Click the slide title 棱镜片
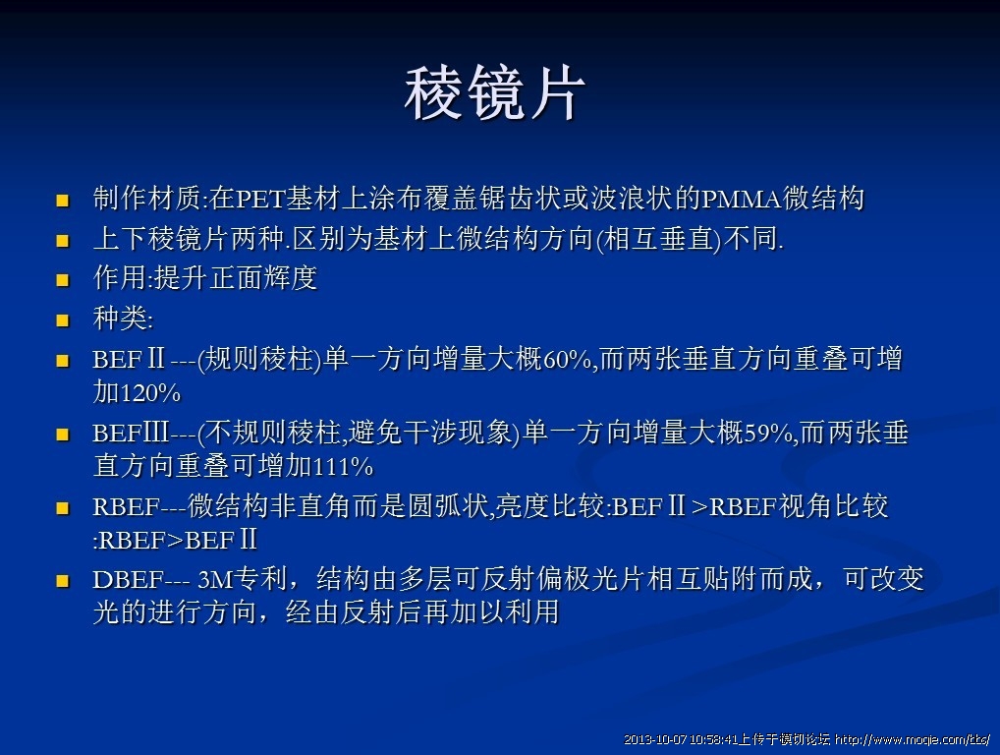494,93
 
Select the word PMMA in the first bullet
741,200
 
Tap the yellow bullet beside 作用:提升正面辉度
63,280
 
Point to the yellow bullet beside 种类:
63,319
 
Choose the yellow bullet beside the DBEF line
63,581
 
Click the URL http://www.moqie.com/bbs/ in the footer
912,740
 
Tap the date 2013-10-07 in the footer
655,740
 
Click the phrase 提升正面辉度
236,278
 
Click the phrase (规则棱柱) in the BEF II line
259,359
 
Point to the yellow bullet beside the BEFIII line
63,435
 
